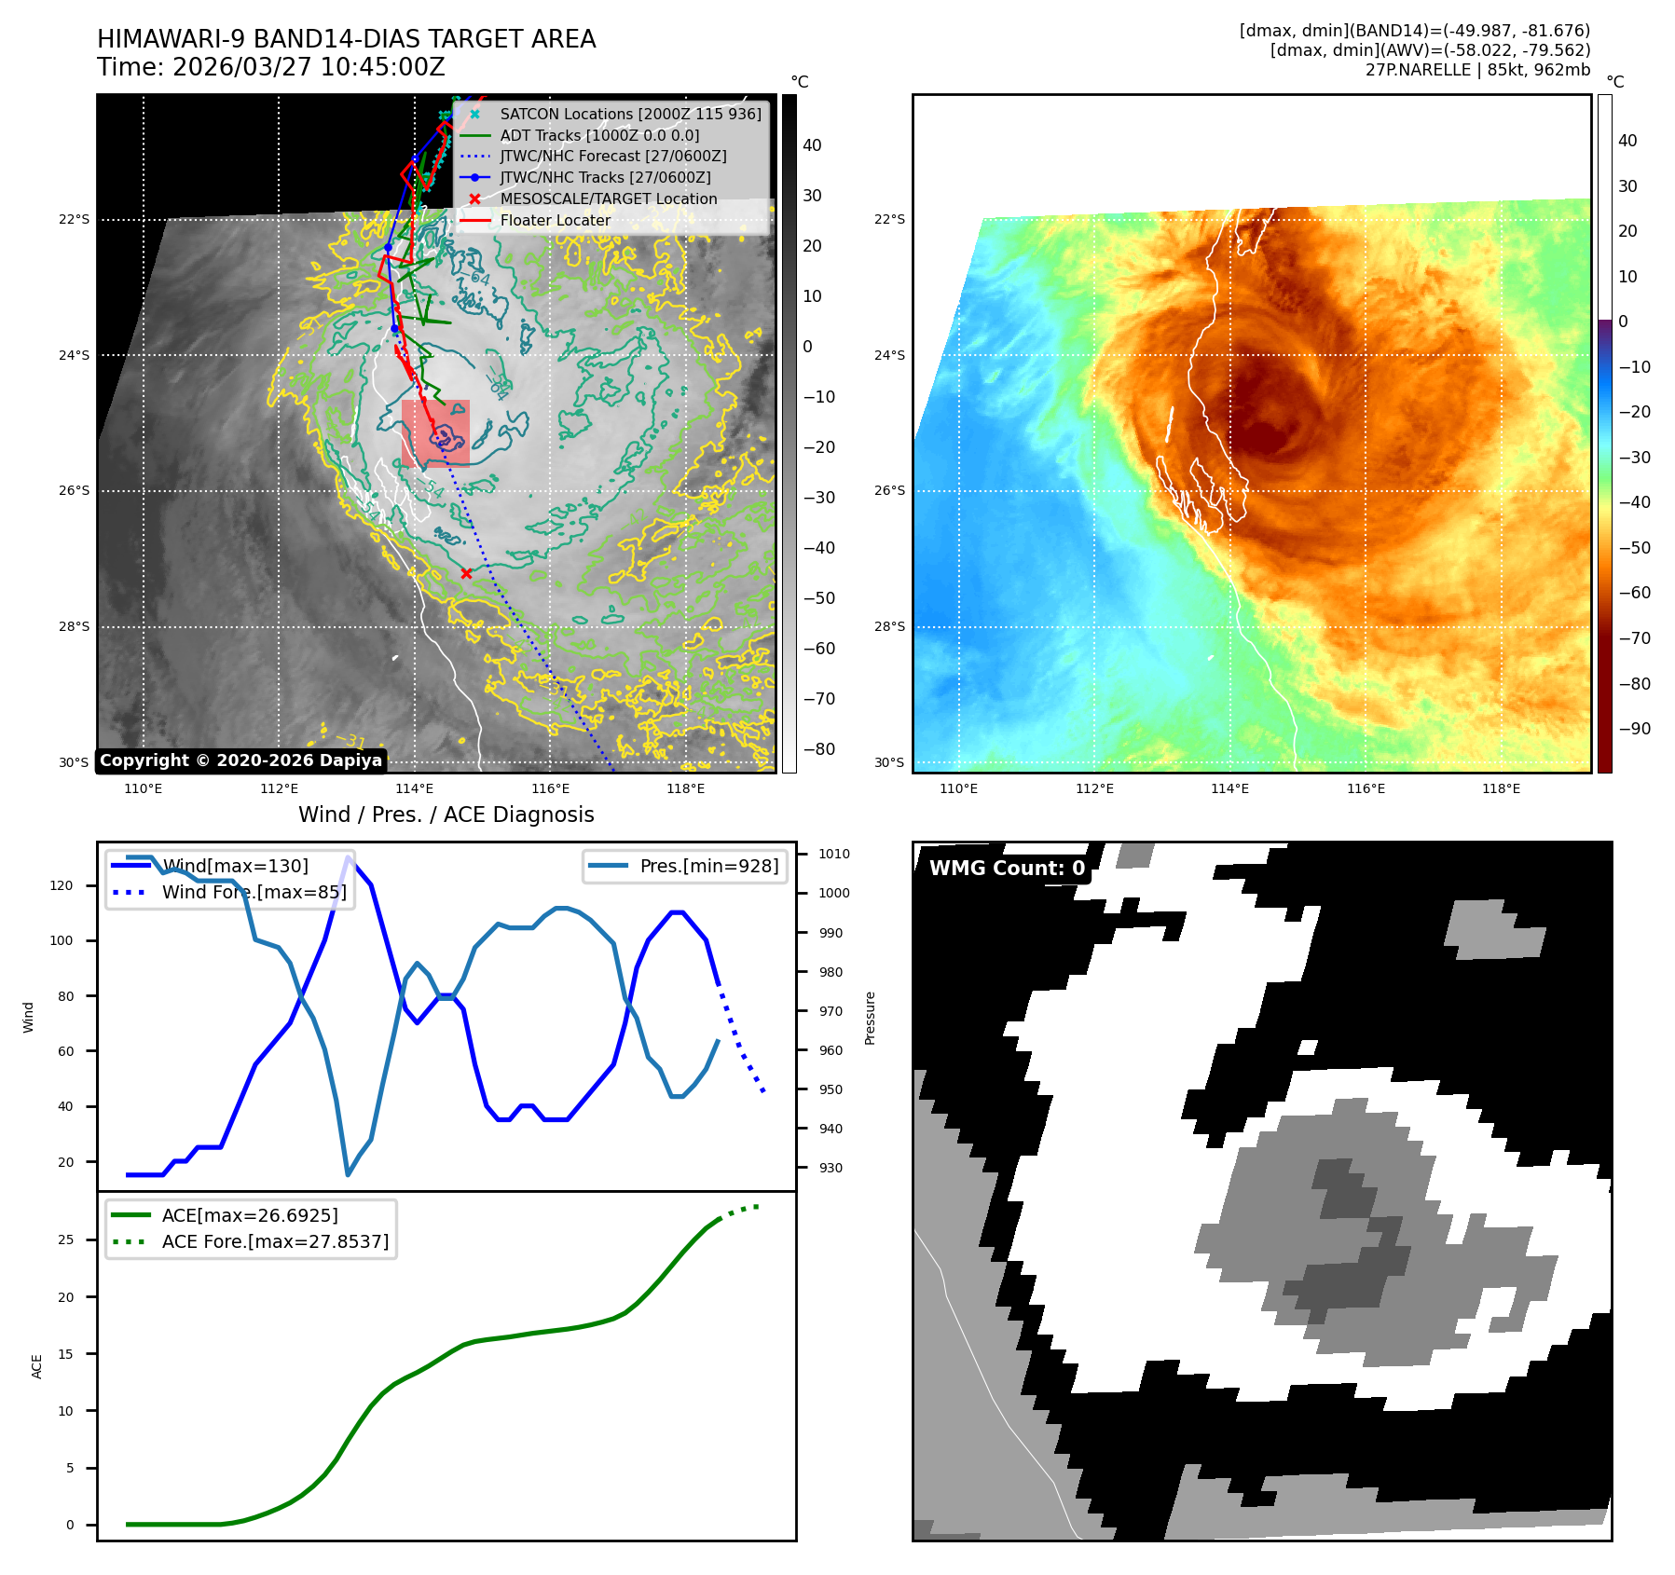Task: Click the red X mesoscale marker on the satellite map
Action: tap(466, 573)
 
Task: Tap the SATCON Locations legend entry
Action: tap(630, 114)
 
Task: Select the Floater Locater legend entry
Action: tap(556, 220)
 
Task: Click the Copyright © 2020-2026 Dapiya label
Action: tap(240, 760)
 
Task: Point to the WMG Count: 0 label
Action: tap(1007, 869)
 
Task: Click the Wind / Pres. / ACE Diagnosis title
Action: tap(446, 815)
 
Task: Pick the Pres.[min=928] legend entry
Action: tap(708, 866)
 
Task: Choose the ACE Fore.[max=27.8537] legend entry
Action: tap(275, 1241)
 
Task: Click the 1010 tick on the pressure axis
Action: tap(833, 854)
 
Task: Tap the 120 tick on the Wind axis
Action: tap(62, 885)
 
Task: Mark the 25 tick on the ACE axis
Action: tap(65, 1239)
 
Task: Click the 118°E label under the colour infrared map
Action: tap(1501, 788)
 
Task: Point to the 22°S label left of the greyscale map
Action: tap(75, 220)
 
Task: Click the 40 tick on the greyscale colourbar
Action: tap(812, 145)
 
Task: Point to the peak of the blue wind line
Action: tap(348, 856)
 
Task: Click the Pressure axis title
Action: tap(870, 1018)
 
